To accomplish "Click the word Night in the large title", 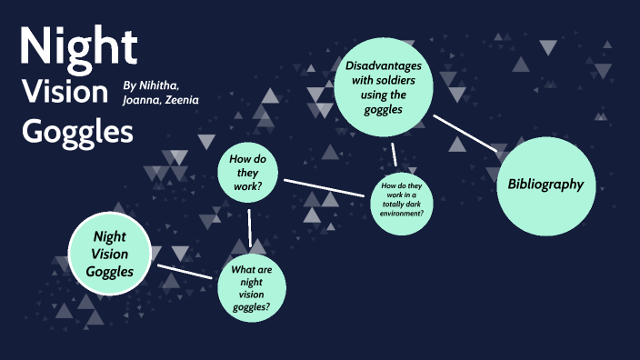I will coord(79,48).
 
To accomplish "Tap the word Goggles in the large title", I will coord(77,132).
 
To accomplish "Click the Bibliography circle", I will coord(545,185).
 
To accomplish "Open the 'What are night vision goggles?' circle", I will coord(252,287).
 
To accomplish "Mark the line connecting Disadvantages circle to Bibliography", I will coord(464,132).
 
